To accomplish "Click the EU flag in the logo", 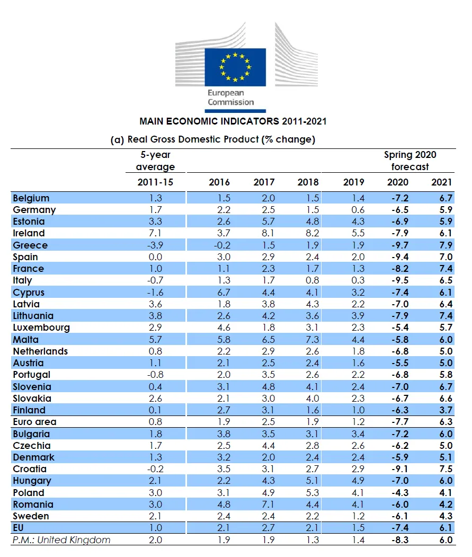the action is point(235,67).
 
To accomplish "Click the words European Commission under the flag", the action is point(231,98).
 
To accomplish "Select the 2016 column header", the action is point(219,182).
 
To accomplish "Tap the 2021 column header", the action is point(441,182).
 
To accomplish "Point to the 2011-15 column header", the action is point(155,182).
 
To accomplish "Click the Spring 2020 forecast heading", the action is point(410,161).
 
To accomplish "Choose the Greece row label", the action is point(30,245).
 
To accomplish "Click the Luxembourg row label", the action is point(41,328).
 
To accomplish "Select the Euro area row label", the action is point(35,422).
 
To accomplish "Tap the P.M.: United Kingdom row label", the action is point(61,540).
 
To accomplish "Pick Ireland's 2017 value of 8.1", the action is point(268,233).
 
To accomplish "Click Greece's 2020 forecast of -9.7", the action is point(400,245).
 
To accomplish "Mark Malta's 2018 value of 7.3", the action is point(313,340).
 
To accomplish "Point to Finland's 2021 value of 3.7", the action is point(446,410).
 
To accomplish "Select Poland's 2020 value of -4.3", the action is point(400,493).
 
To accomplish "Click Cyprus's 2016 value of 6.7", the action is point(224,293).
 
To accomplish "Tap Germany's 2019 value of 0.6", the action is point(358,210).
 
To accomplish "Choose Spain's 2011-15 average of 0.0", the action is point(155,257).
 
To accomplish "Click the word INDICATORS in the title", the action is point(250,121).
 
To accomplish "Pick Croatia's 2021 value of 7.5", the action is point(446,469).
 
